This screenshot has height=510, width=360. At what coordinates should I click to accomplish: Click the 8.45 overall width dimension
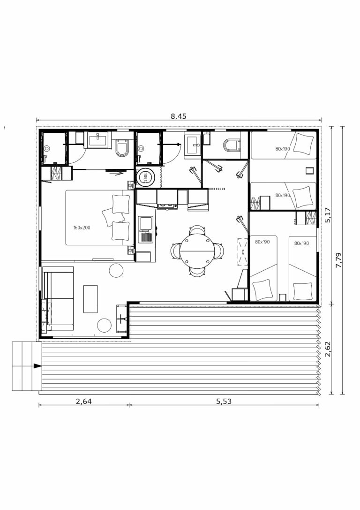pyautogui.click(x=178, y=116)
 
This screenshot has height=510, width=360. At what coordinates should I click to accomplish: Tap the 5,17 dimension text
pyautogui.click(x=328, y=215)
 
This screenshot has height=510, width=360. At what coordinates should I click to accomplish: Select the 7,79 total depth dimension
pyautogui.click(x=339, y=260)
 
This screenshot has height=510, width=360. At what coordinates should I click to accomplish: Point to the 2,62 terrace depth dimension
pyautogui.click(x=328, y=349)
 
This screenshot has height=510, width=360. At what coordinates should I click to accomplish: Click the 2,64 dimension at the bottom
pyautogui.click(x=83, y=401)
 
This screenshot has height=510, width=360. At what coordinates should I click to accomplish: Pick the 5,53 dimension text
pyautogui.click(x=224, y=401)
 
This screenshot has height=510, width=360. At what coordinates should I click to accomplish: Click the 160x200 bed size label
pyautogui.click(x=82, y=228)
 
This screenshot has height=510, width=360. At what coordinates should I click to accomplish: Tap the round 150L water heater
pyautogui.click(x=145, y=177)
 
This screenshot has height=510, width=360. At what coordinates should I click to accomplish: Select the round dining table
pyautogui.click(x=197, y=251)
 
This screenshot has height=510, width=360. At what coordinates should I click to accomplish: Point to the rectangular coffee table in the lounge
pyautogui.click(x=90, y=299)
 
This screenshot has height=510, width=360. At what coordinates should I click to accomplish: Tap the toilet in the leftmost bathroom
pyautogui.click(x=122, y=148)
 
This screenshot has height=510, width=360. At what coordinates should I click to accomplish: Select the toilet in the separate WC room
pyautogui.click(x=232, y=145)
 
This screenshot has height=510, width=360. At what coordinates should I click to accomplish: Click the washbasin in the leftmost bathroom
pyautogui.click(x=98, y=139)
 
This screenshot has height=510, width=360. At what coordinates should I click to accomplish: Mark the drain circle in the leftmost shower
pyautogui.click(x=47, y=149)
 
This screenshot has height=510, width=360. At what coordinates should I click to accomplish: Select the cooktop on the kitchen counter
pyautogui.click(x=167, y=206)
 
